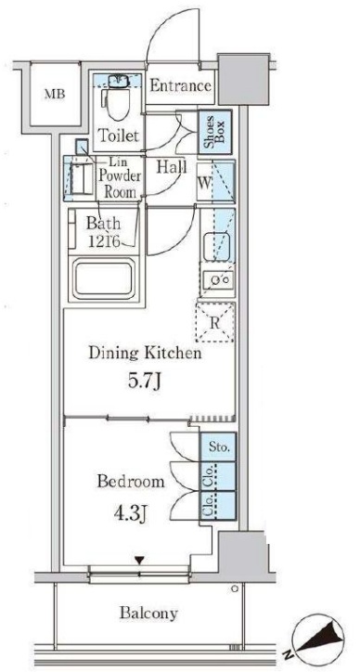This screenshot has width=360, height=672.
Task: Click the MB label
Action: click(55, 95)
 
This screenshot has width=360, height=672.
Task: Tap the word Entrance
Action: click(180, 85)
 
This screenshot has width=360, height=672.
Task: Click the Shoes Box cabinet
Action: click(215, 132)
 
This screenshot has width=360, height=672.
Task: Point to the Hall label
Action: click(171, 166)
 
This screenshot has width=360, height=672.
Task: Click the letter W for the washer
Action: click(204, 184)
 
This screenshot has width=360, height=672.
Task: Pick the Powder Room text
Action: click(120, 184)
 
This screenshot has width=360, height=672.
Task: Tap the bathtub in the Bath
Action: click(104, 279)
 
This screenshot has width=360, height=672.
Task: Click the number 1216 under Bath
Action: click(104, 242)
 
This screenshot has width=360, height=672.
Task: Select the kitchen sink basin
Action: click(217, 246)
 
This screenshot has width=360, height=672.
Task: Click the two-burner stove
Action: click(217, 279)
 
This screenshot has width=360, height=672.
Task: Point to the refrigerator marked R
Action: click(215, 322)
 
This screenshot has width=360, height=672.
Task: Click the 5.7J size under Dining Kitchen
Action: click(145, 381)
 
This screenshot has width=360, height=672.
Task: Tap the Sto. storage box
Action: click(218, 447)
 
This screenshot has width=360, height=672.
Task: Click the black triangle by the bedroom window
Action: click(139, 561)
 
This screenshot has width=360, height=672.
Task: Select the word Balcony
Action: click(148, 614)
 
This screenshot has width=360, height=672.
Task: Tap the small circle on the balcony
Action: click(235, 588)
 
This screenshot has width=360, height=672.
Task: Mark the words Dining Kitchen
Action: click(145, 354)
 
